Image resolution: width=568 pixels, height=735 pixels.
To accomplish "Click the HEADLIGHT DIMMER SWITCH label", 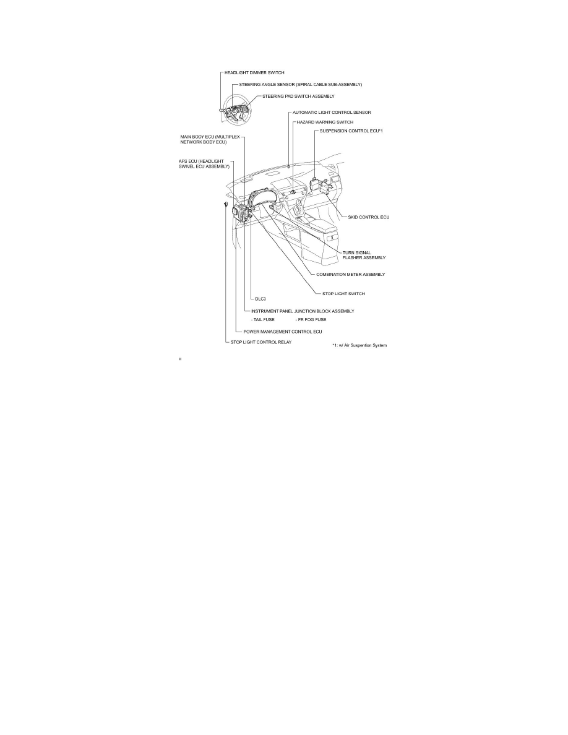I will tap(254, 73).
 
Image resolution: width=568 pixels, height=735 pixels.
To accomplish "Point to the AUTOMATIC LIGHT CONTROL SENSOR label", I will tap(332, 113).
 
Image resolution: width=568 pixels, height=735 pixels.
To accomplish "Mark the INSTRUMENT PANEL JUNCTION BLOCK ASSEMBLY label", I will tap(302, 311).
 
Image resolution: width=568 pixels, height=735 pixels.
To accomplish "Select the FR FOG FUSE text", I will tap(311, 320).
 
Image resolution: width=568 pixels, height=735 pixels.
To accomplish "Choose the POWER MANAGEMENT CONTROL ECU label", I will tap(282, 332).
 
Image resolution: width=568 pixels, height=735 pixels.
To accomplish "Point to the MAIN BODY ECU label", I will tap(203, 139).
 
